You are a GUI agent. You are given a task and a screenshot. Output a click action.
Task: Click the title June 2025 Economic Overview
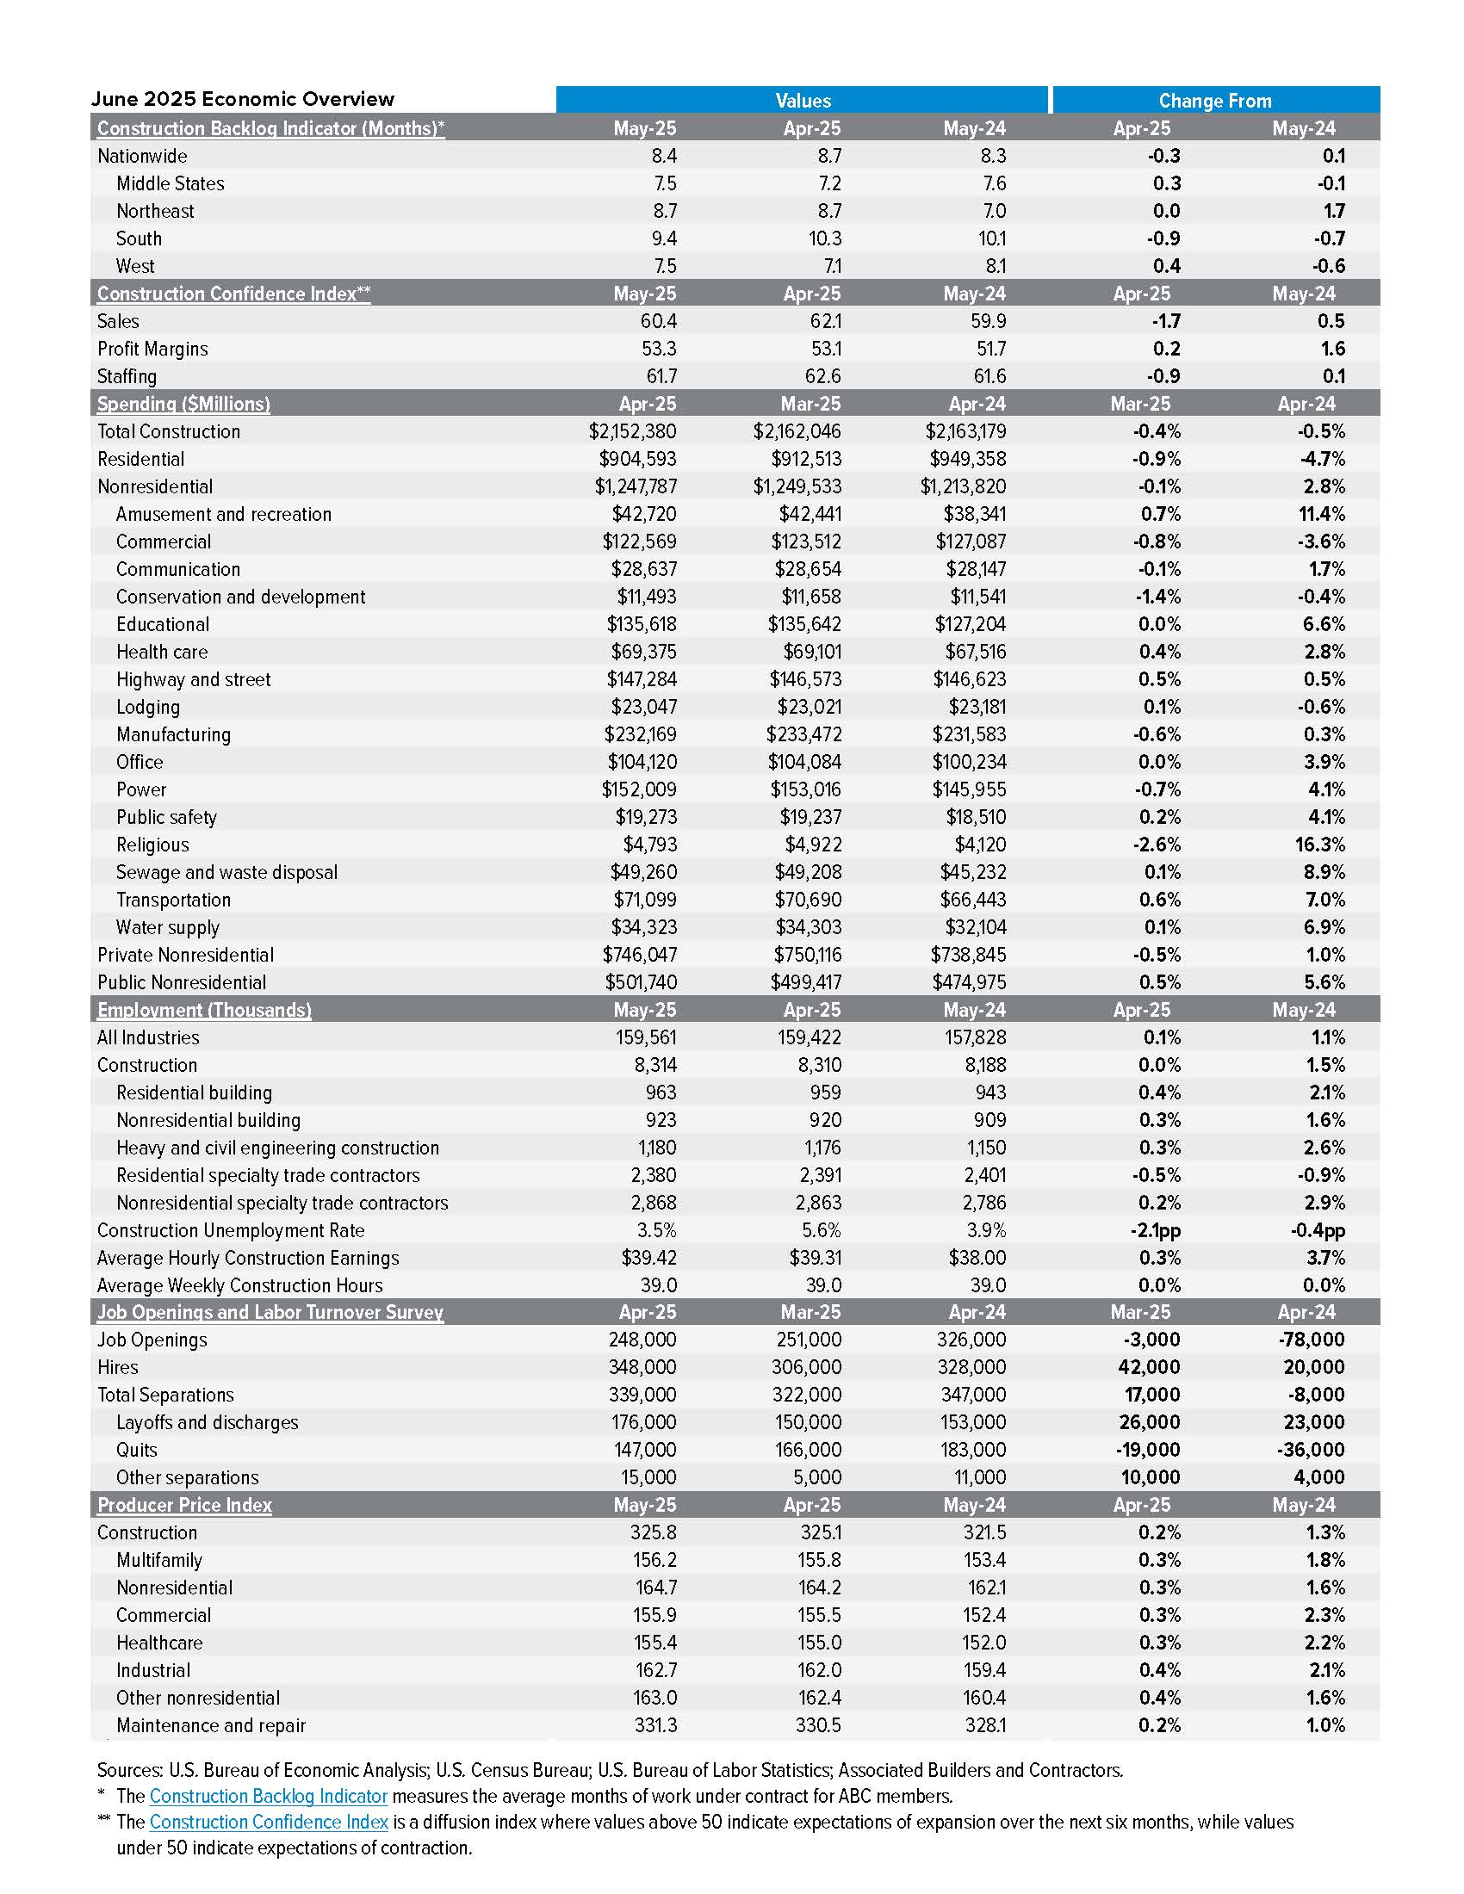click(x=243, y=99)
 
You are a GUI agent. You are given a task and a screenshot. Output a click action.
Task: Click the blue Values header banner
click(x=803, y=100)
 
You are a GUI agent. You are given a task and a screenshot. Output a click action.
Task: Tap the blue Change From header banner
click(x=1214, y=100)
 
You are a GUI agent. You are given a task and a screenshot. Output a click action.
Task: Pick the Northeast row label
click(x=155, y=211)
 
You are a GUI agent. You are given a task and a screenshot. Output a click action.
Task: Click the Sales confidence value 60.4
click(x=657, y=321)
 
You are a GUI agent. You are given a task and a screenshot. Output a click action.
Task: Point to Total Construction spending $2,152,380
click(x=632, y=431)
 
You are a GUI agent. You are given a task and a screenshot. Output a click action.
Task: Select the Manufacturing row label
click(x=173, y=734)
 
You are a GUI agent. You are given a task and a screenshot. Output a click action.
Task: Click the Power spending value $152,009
click(x=639, y=789)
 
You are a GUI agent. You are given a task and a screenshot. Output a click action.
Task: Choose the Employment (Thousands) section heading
click(x=204, y=1010)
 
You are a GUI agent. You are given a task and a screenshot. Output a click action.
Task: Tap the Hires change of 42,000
click(x=1148, y=1368)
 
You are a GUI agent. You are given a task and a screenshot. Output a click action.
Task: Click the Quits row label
click(x=137, y=1450)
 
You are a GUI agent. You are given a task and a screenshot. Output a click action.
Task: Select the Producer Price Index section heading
click(x=184, y=1505)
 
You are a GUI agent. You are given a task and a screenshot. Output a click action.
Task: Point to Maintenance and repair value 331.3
click(x=654, y=1725)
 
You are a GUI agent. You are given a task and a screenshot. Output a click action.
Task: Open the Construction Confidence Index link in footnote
click(x=269, y=1822)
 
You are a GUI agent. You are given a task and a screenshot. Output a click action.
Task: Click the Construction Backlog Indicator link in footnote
click(x=268, y=1796)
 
